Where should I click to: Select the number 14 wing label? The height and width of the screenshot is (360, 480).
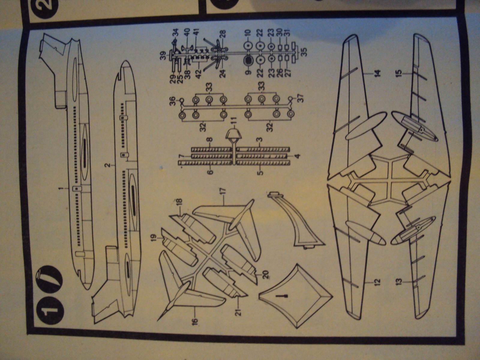pyautogui.click(x=377, y=73)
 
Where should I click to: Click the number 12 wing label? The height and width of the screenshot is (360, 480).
pyautogui.click(x=377, y=282)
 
